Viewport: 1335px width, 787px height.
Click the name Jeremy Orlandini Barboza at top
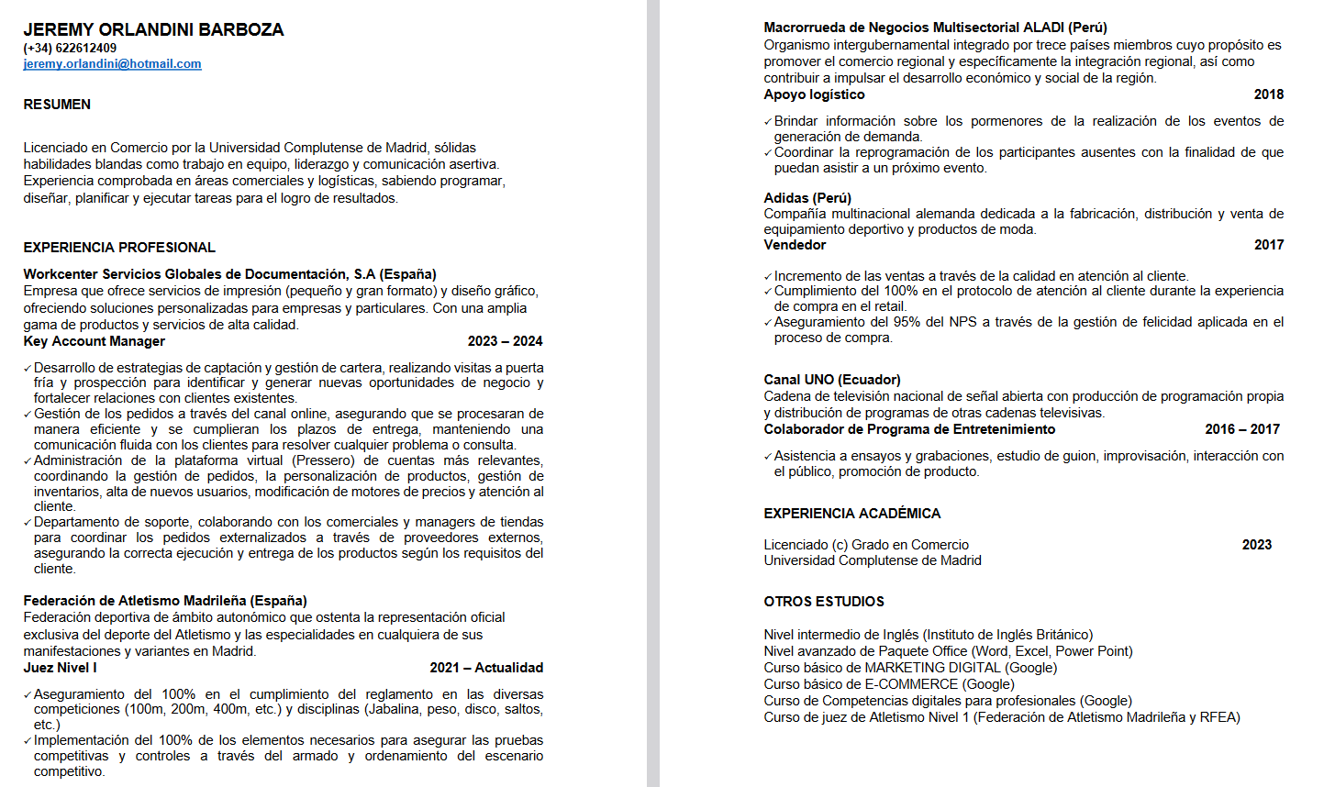153,29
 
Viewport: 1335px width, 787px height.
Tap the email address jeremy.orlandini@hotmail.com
112,64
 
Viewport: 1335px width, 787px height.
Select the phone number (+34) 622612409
70,48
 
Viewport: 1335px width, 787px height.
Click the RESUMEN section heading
57,105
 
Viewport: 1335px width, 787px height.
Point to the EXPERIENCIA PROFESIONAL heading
119,248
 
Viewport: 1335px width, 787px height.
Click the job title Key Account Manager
95,341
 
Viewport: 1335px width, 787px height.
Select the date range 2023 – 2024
505,341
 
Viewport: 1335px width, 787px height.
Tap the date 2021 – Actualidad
486,668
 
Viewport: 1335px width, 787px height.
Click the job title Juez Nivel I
60,668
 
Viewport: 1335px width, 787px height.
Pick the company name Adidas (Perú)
807,198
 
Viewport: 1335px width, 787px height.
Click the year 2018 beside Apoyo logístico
1269,94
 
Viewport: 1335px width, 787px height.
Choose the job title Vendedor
795,245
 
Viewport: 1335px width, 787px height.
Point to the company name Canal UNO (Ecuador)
832,380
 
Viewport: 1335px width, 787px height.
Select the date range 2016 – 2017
1242,429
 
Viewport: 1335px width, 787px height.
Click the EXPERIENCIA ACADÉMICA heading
852,514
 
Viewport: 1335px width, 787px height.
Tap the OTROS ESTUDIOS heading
824,602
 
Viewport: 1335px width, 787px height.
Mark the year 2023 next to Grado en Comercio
1256,545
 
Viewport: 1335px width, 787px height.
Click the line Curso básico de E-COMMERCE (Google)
889,684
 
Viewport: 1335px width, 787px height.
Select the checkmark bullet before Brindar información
768,122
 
